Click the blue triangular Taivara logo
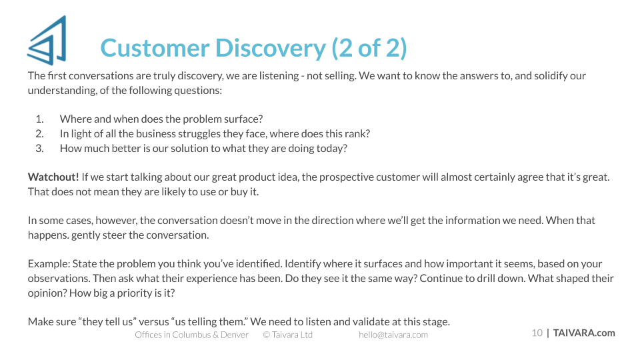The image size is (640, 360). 47,41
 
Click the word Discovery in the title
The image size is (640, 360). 271,49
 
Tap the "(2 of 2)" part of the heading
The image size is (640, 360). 369,49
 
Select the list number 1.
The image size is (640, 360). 39,119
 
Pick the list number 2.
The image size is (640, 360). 39,134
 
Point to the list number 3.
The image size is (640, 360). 39,149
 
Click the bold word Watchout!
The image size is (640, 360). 53,177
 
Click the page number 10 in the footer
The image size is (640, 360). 537,333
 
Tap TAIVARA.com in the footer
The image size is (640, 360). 584,333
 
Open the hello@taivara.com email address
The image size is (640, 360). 393,335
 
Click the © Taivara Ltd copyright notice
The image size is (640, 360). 288,335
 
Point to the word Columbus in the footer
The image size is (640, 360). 191,335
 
